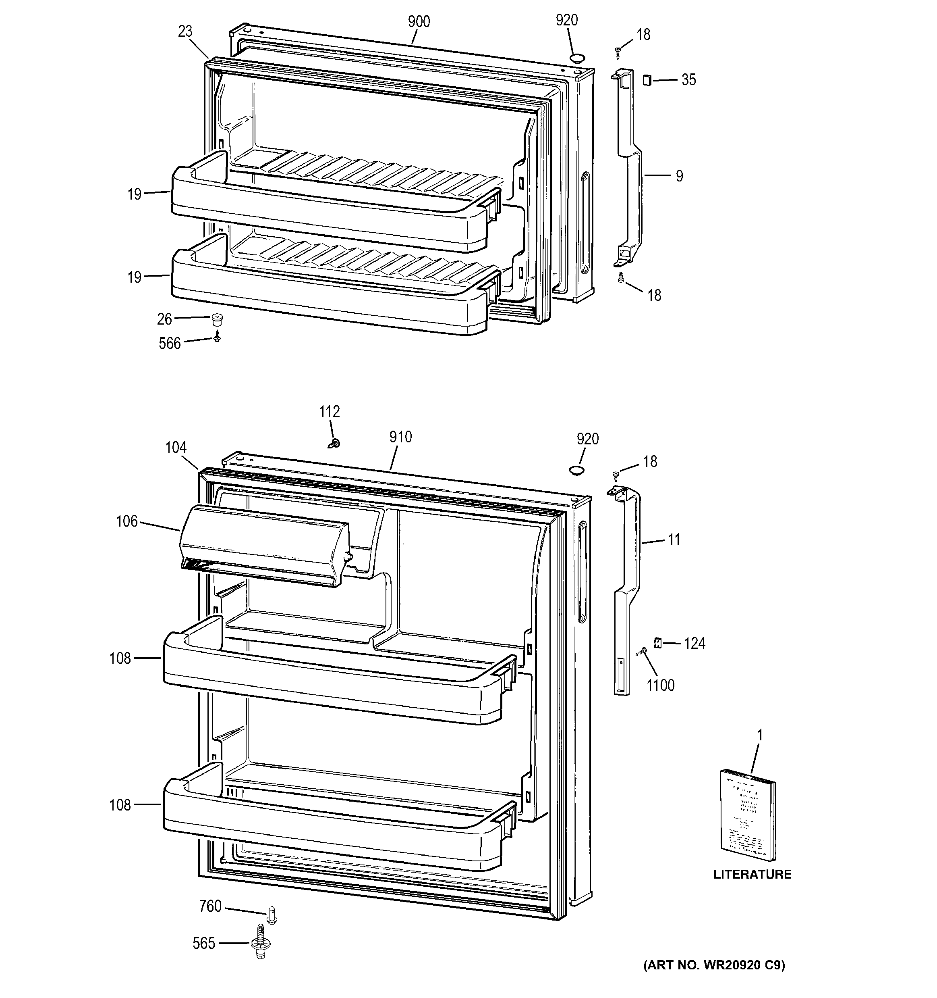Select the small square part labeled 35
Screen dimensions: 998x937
pos(647,80)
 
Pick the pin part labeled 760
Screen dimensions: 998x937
pos(272,915)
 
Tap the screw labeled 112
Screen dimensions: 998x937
pos(335,443)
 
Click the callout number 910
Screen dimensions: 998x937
pos(400,437)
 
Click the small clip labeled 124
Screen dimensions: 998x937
pos(657,643)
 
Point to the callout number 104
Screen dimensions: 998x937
pos(176,447)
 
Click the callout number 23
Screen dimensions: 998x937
pos(185,31)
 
